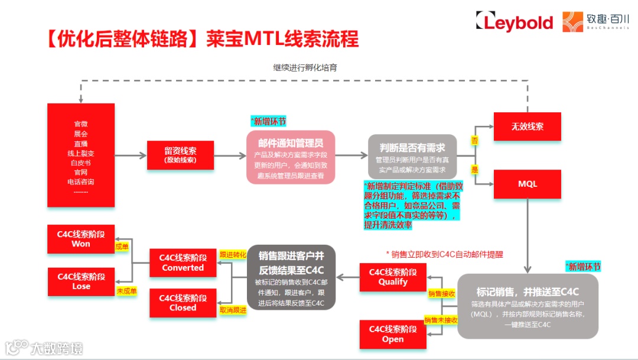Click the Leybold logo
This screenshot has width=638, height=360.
pos(514,22)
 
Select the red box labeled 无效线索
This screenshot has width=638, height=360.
pos(528,126)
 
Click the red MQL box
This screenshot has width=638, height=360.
pos(528,184)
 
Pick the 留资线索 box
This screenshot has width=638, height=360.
pos(180,155)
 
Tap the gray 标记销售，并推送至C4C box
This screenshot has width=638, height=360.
pos(528,305)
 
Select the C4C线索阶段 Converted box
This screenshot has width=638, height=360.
pos(183,263)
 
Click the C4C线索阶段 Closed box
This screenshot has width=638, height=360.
pos(183,303)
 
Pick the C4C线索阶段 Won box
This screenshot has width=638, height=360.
pos(81,239)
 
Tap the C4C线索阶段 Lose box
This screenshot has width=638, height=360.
pos(81,281)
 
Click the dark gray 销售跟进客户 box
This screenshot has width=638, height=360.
pos(291,277)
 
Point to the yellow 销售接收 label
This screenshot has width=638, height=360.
pos(442,293)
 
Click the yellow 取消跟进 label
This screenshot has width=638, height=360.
pos(232,310)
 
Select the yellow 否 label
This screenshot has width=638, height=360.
pos(474,141)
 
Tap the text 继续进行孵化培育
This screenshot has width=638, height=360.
pos(305,67)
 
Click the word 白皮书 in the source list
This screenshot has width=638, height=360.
pos(81,162)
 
